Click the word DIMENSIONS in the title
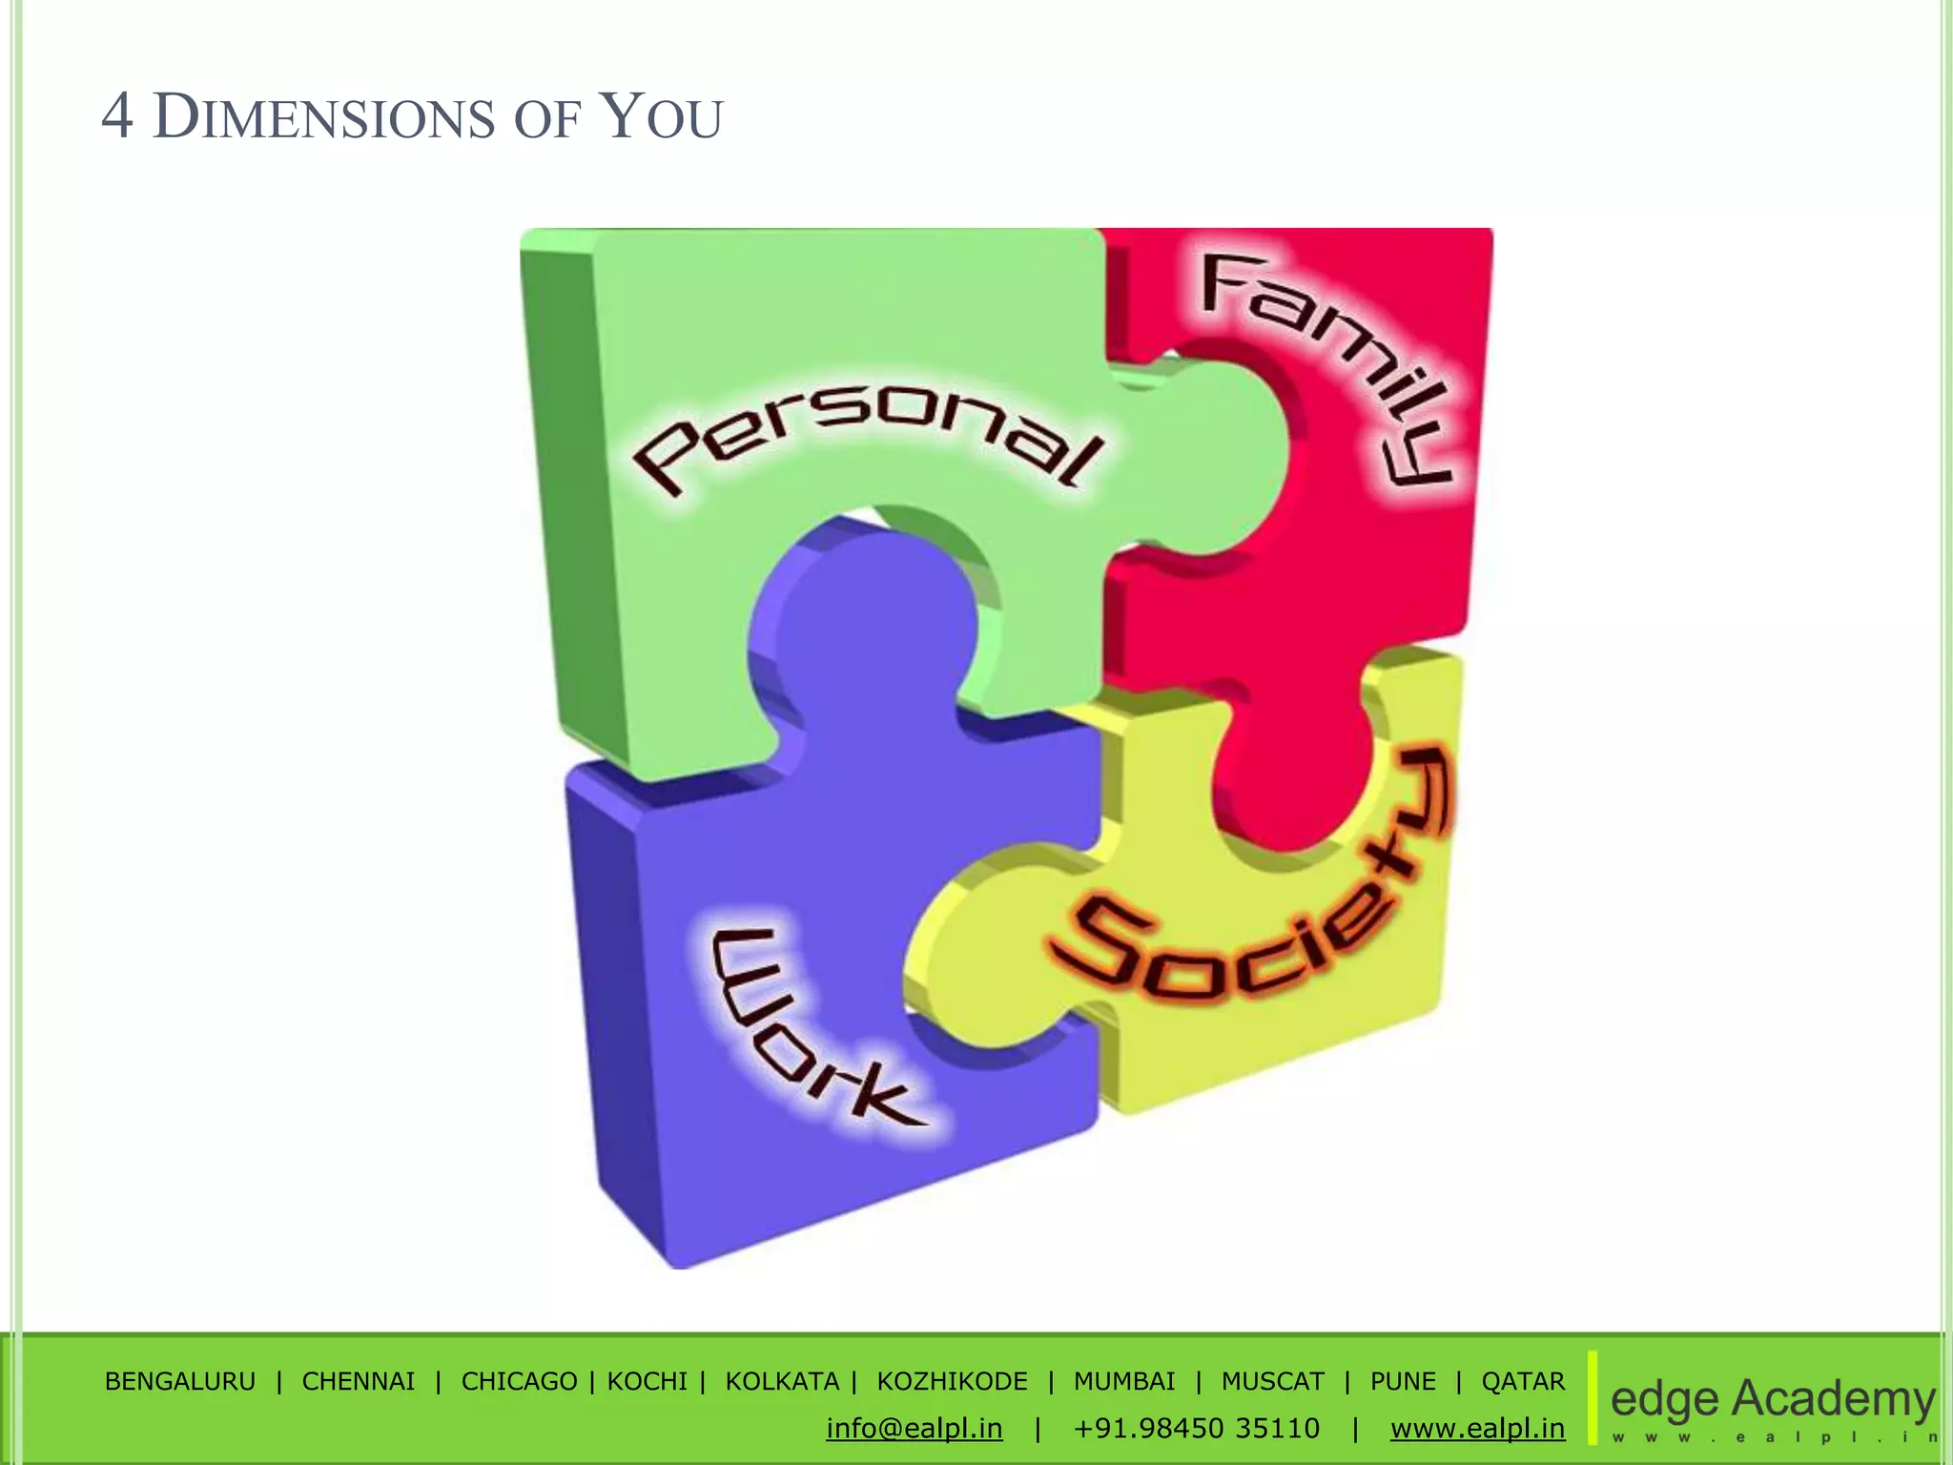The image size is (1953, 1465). tap(324, 118)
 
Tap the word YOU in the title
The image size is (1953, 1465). tap(663, 118)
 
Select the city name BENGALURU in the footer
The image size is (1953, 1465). tap(180, 1381)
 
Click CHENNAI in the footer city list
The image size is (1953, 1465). tap(359, 1381)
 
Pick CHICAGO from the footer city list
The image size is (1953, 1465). tap(519, 1381)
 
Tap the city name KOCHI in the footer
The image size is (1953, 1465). tap(648, 1381)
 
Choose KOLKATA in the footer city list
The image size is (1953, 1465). tap(782, 1381)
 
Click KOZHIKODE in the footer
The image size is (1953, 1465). tap(953, 1381)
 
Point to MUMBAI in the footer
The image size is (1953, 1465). tap(1124, 1381)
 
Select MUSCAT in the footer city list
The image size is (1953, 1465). tap(1273, 1381)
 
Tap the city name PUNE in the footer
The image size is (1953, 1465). tap(1403, 1381)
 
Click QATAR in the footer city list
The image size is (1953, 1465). tap(1523, 1381)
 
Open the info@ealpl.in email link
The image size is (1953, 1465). tap(915, 1428)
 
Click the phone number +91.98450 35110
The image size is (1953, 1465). tap(1197, 1428)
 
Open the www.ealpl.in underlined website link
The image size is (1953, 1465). tap(1478, 1428)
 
